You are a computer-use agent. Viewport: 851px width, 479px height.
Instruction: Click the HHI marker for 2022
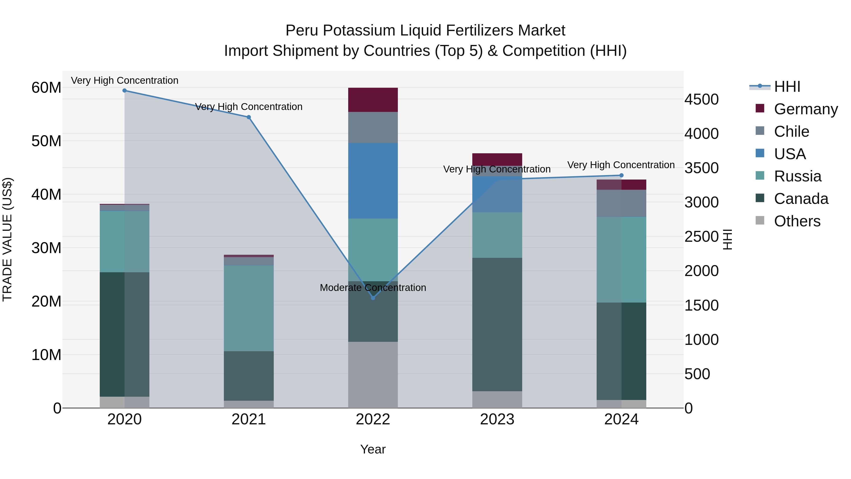[x=373, y=298]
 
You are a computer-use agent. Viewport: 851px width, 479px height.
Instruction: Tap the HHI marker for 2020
[x=125, y=91]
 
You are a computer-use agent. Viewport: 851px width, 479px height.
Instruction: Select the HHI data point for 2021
[x=249, y=117]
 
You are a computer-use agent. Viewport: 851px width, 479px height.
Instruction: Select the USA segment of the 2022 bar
[x=373, y=180]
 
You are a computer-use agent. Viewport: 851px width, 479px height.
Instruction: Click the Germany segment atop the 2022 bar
[x=373, y=100]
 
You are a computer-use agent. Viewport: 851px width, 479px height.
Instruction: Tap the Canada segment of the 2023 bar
[x=497, y=324]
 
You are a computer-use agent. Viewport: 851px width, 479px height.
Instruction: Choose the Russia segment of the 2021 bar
[x=249, y=308]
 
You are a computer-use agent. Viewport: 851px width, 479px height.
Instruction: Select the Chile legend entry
[x=791, y=132]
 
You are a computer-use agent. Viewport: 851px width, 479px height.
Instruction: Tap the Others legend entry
[x=797, y=221]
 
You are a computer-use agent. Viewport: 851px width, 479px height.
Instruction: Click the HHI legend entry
[x=787, y=87]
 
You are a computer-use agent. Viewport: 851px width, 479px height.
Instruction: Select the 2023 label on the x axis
[x=497, y=419]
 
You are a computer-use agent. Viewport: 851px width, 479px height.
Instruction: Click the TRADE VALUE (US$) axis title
[x=7, y=239]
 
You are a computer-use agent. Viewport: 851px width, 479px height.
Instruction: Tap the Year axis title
[x=373, y=449]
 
